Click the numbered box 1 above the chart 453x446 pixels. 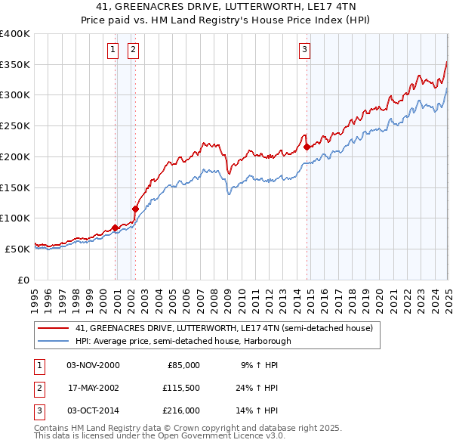112,51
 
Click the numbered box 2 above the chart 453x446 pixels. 133,51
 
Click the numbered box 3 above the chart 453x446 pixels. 304,51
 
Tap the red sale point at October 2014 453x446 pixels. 307,147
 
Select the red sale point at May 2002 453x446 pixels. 136,209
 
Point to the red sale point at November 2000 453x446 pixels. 115,228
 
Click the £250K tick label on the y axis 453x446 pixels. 15,126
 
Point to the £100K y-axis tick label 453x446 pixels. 15,218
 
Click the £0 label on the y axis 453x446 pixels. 23,280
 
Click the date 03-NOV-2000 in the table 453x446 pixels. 93,365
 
